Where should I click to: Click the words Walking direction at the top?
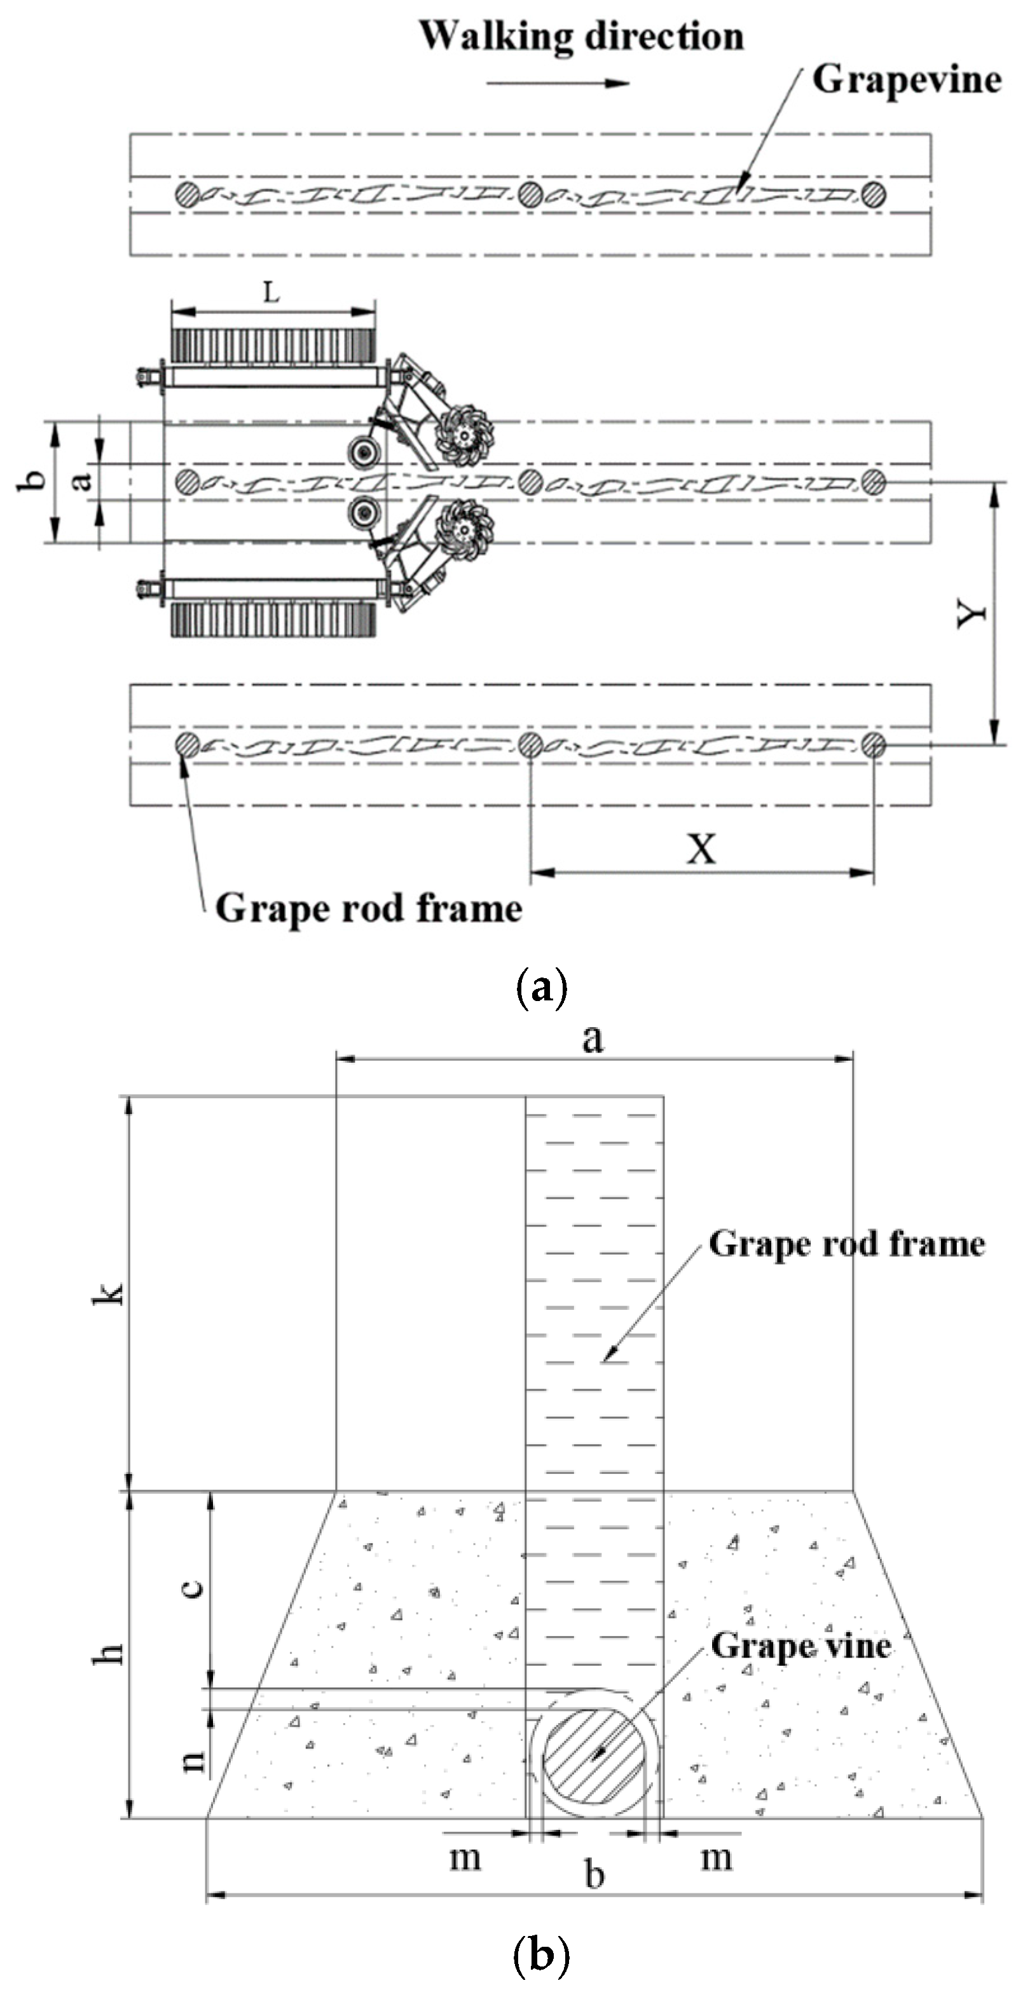coord(581,36)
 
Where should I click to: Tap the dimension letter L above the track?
coord(271,292)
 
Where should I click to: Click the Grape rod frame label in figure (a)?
coord(368,908)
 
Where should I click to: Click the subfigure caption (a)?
coord(540,989)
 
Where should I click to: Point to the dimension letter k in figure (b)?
coord(108,1293)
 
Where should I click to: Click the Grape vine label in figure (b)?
coord(800,1644)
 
